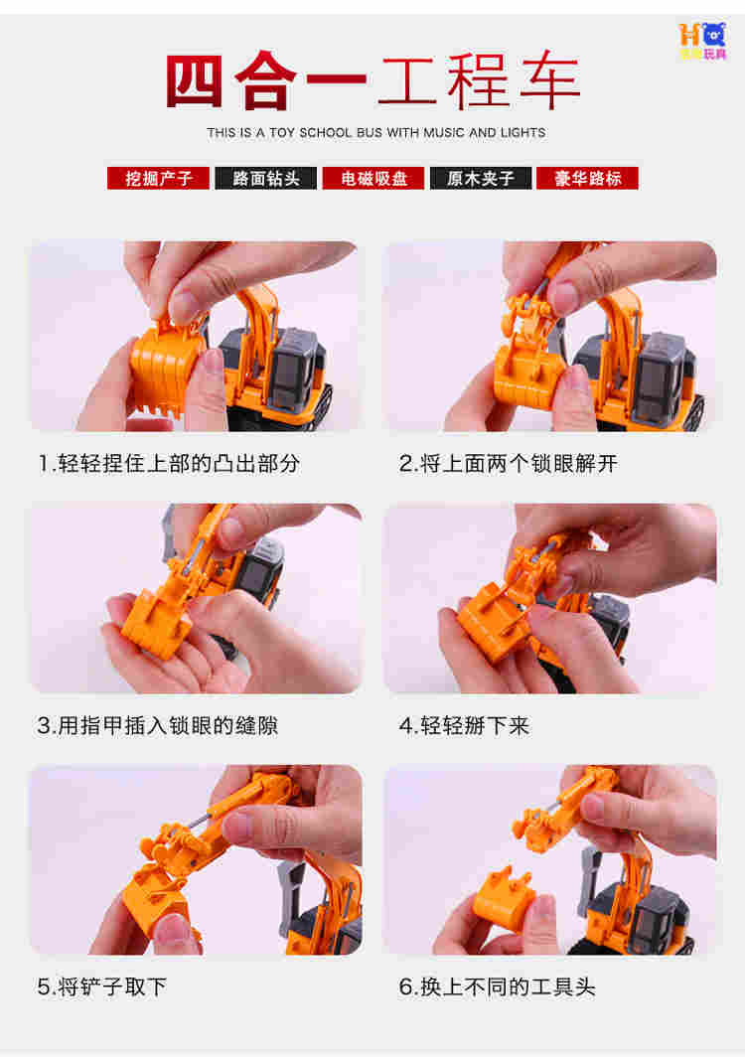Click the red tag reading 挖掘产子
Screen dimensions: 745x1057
point(158,178)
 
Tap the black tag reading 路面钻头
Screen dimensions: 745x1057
point(265,178)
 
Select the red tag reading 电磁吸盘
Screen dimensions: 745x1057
point(373,178)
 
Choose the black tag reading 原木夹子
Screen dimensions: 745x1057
point(481,178)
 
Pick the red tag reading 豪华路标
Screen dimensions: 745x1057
point(587,178)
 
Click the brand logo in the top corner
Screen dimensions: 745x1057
point(703,41)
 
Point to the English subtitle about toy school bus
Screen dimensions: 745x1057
point(376,133)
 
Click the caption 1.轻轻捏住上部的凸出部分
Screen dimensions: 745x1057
point(169,464)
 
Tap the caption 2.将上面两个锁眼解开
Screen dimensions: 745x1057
point(509,464)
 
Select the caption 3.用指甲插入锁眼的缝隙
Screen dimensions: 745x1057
point(158,726)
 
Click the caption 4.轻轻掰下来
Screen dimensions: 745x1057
point(465,726)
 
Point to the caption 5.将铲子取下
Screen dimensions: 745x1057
point(101,987)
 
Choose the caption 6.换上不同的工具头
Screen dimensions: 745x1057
point(498,987)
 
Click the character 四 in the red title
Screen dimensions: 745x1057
point(195,80)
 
